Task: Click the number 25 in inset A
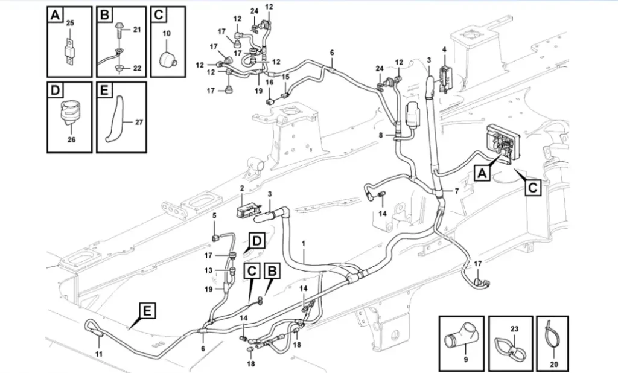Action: (x=70, y=24)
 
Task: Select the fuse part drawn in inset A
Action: (x=69, y=49)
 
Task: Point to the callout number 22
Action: (x=137, y=68)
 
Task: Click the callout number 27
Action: (x=139, y=123)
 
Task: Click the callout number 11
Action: (x=99, y=354)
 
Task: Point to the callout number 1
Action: (x=304, y=244)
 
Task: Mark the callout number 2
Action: (x=242, y=188)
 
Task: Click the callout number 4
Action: (x=445, y=49)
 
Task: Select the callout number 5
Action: (x=215, y=215)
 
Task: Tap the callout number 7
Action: (x=457, y=191)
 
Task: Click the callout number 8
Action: (x=381, y=135)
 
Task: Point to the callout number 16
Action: (x=270, y=83)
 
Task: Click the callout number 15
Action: (x=285, y=77)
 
